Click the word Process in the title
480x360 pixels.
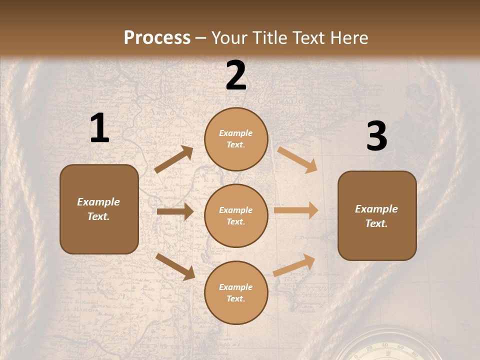157,37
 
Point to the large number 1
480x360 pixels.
99,128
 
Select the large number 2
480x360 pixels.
236,76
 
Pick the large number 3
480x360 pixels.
376,136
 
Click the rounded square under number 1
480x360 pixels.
99,209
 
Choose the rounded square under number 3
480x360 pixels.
377,216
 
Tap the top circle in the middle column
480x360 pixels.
236,139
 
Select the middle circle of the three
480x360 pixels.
236,215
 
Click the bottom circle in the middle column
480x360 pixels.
236,292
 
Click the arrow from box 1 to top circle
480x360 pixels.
174,159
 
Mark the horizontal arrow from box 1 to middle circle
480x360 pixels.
175,211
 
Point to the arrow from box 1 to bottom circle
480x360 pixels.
175,266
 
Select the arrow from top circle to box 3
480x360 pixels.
297,160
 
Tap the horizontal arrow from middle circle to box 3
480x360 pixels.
296,210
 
